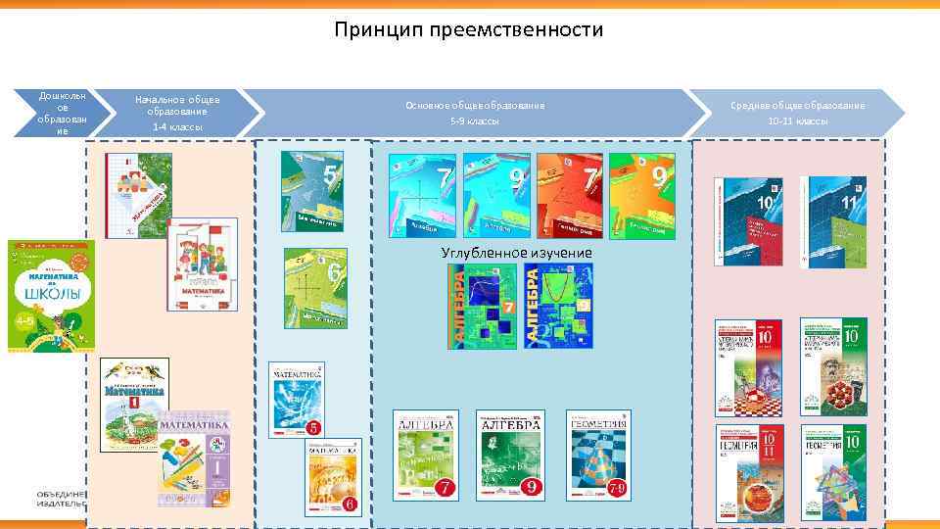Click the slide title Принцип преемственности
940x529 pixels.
pyautogui.click(x=468, y=30)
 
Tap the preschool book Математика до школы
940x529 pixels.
pyautogui.click(x=51, y=295)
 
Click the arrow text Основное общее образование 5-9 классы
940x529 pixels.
pyautogui.click(x=475, y=113)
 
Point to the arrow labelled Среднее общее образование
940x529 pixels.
pyautogui.click(x=797, y=113)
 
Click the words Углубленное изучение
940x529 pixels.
pyautogui.click(x=516, y=253)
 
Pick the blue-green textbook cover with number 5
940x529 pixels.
pyautogui.click(x=312, y=191)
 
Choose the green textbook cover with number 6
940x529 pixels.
pyautogui.click(x=315, y=287)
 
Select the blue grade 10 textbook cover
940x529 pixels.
pyautogui.click(x=748, y=221)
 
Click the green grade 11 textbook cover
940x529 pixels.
pyautogui.click(x=832, y=221)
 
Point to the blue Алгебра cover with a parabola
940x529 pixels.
pyautogui.click(x=558, y=306)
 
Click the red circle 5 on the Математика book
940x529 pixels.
pyautogui.click(x=315, y=429)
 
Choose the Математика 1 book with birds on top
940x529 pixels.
pyautogui.click(x=134, y=404)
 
